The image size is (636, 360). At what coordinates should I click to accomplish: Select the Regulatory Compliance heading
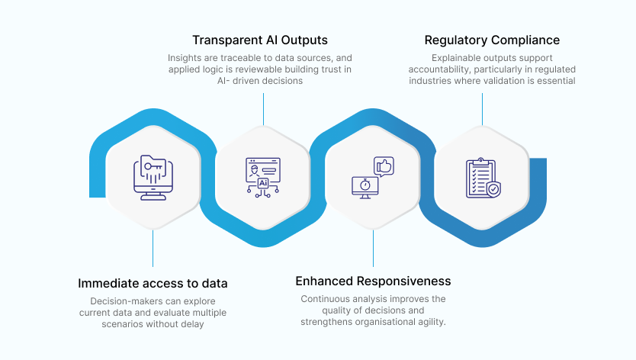coord(492,40)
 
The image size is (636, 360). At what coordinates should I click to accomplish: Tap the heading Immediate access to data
coord(153,283)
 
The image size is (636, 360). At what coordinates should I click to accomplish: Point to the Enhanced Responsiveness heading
coord(373,281)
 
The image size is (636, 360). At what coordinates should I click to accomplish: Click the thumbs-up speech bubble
coord(383,166)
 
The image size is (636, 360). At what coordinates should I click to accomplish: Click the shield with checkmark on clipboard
coord(493,188)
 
